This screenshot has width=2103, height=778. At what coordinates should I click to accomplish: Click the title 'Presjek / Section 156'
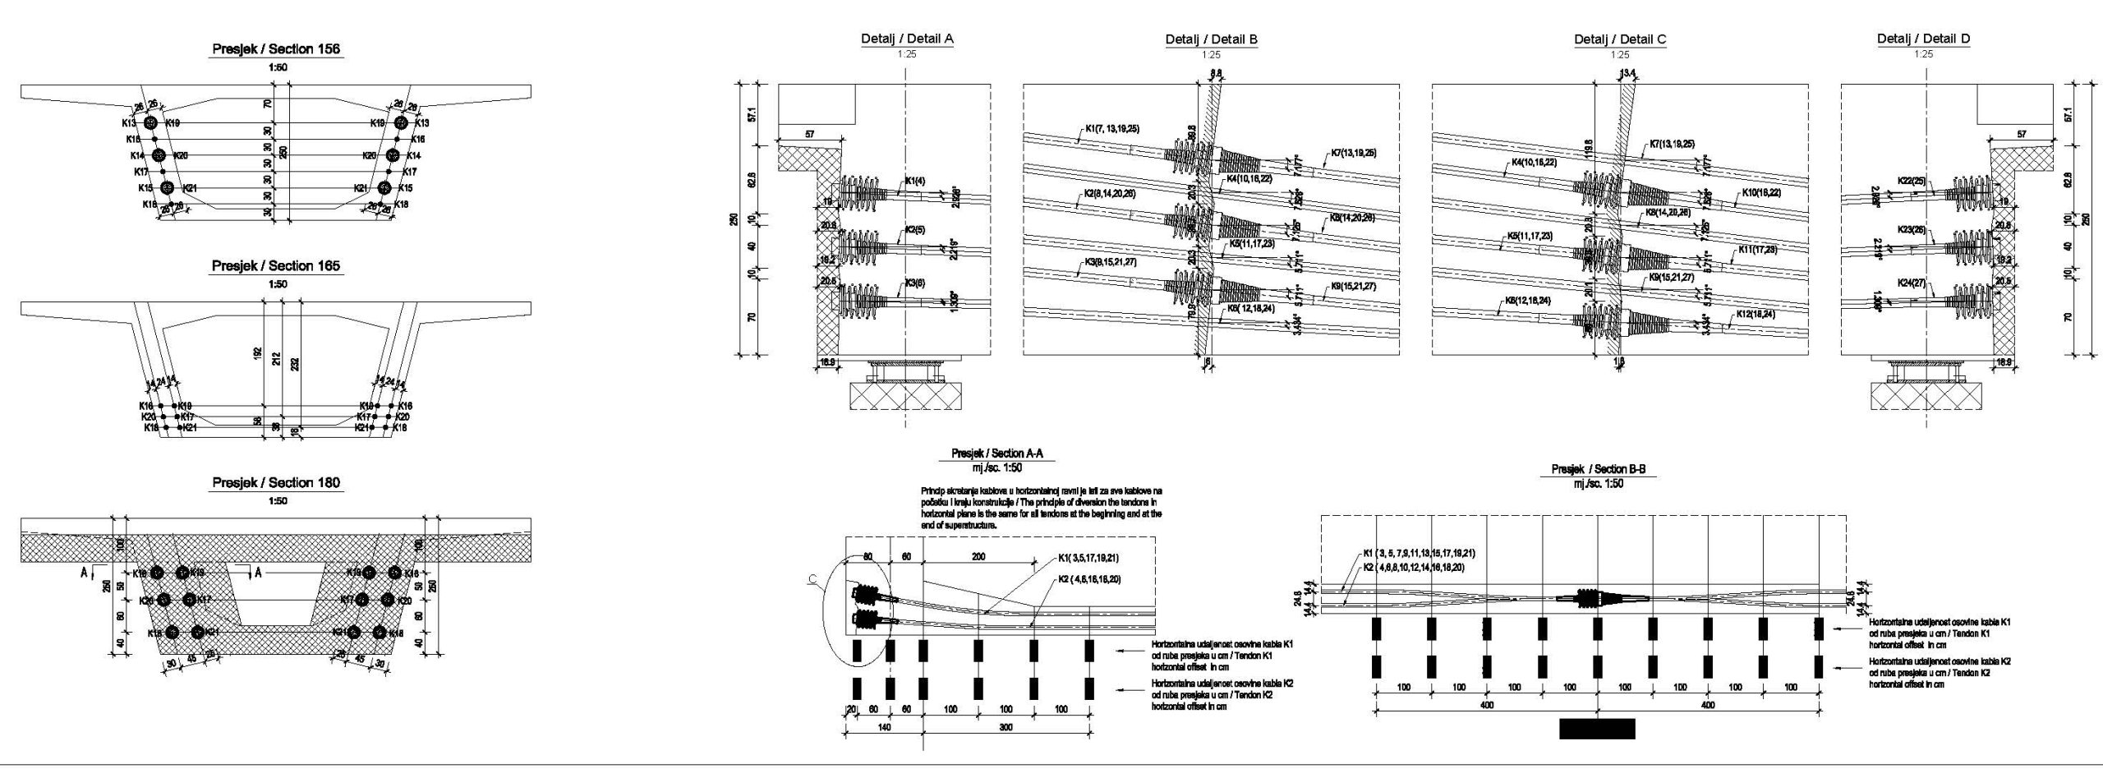point(276,49)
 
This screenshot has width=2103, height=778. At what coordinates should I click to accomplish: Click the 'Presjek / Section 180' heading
point(276,482)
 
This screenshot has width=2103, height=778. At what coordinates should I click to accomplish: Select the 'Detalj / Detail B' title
point(1211,39)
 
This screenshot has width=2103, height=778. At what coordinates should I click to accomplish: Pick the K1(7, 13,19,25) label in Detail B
point(1111,129)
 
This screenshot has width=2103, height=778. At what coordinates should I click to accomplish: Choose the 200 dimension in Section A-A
point(978,556)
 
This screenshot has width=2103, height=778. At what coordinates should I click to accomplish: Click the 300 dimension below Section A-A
point(1005,727)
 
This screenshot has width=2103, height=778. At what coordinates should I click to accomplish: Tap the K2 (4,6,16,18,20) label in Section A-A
point(1088,579)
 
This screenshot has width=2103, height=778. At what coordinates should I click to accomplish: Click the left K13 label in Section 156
point(127,123)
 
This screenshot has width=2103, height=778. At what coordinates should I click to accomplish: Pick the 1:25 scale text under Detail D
point(1923,54)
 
